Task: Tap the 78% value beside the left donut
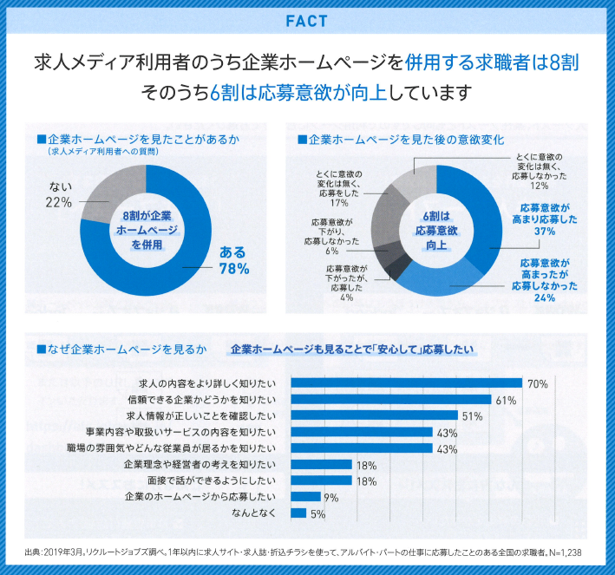[234, 269]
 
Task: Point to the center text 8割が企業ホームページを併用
[146, 229]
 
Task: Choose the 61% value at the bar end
[506, 400]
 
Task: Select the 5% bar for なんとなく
[298, 513]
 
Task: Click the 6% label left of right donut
[331, 252]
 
